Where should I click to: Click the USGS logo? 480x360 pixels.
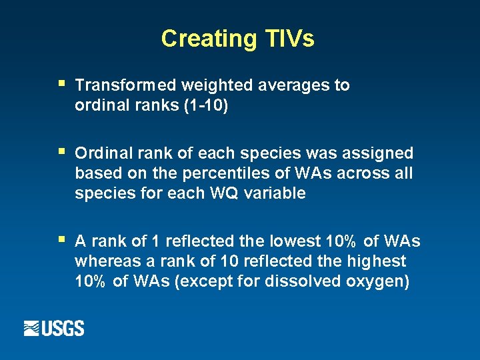[x=54, y=328]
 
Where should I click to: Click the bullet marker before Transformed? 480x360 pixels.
[x=61, y=84]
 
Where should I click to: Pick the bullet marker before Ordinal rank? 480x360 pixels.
[x=61, y=152]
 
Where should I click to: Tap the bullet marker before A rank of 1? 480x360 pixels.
[x=61, y=239]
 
